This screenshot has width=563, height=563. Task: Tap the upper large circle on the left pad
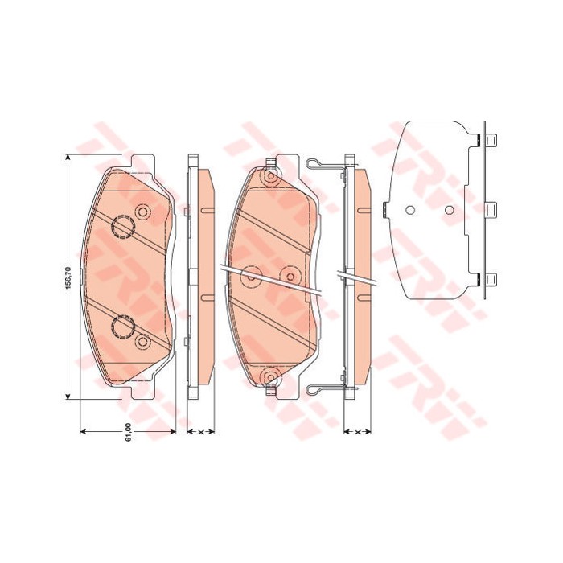click(123, 229)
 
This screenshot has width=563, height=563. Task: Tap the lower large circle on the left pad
click(123, 326)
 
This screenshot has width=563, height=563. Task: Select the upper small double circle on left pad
click(144, 212)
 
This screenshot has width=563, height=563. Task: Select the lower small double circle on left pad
click(144, 343)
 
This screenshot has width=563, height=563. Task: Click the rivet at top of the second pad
click(271, 175)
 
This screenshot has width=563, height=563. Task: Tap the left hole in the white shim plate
click(409, 211)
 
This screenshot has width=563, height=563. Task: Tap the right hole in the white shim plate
click(450, 211)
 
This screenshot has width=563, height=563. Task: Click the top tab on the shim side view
click(491, 140)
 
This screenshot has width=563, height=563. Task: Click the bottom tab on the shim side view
click(491, 280)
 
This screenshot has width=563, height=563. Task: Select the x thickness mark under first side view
click(199, 433)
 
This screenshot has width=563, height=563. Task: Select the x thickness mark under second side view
click(356, 433)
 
